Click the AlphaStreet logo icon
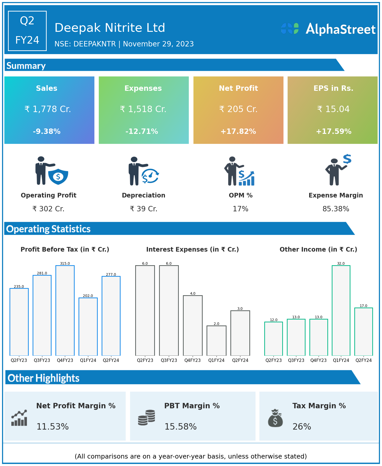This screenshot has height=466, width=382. click(x=290, y=28)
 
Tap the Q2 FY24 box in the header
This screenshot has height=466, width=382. click(x=27, y=31)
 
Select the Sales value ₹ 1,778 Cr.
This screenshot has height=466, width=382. click(x=48, y=109)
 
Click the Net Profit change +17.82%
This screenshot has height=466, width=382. click(x=238, y=132)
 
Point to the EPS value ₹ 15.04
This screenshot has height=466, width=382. click(x=333, y=109)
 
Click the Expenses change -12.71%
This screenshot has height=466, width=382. click(x=142, y=132)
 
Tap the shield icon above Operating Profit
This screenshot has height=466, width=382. click(x=58, y=176)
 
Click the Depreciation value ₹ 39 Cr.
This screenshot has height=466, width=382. click(x=143, y=209)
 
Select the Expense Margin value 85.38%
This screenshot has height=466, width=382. click(x=336, y=209)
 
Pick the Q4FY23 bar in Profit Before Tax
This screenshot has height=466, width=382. click(x=65, y=310)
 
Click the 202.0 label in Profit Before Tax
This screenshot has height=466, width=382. click(x=88, y=296)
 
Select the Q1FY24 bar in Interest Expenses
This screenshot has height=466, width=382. click(x=216, y=341)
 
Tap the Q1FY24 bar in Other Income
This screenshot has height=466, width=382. click(x=341, y=310)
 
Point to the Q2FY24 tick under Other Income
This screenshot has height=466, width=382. click(x=363, y=360)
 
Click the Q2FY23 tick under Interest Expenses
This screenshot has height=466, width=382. click(x=145, y=360)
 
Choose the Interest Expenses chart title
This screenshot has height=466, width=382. click(x=192, y=250)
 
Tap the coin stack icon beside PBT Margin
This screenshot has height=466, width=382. click(x=146, y=418)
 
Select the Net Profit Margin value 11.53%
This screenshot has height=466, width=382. click(x=53, y=427)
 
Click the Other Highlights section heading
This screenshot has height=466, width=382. click(x=44, y=378)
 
